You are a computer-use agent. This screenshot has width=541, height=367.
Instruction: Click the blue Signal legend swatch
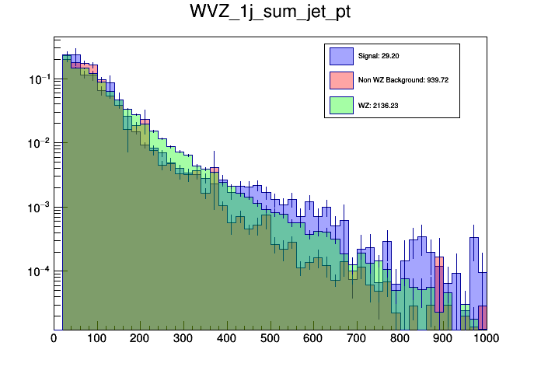(340, 56)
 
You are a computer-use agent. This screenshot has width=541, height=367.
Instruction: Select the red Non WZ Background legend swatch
(340, 80)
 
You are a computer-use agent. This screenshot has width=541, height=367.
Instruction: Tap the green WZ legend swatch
(340, 104)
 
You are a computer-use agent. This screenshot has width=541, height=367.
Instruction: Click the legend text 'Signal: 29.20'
(379, 56)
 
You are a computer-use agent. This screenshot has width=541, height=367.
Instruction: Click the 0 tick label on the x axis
(54, 338)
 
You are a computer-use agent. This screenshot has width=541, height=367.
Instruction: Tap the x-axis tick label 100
(97, 338)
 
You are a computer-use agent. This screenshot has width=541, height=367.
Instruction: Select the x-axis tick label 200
(140, 338)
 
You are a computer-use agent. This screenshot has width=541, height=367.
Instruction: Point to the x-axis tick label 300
(183, 338)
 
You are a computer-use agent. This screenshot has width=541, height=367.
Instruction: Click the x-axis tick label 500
(270, 338)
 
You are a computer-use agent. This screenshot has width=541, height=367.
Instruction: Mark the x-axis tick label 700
(357, 338)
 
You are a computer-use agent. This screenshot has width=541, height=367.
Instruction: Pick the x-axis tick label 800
(400, 338)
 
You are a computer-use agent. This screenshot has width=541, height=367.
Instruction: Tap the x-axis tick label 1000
(484, 338)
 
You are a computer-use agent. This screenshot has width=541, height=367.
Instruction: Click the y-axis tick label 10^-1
(40, 79)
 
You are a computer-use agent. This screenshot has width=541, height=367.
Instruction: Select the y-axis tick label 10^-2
(40, 143)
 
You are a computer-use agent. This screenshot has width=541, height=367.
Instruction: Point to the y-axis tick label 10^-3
(40, 208)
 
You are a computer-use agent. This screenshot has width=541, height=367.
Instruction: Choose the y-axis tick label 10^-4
(40, 271)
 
